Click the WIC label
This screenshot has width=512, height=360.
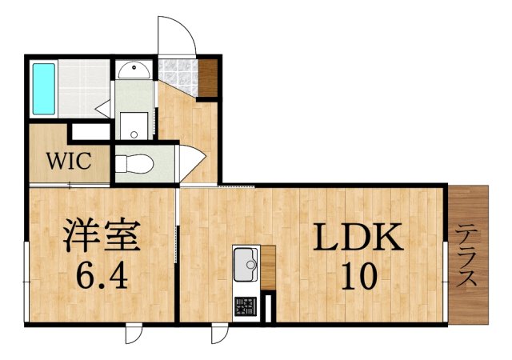[x=69, y=161]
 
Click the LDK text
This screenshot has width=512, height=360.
[x=358, y=237]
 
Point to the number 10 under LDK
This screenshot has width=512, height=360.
[x=359, y=276]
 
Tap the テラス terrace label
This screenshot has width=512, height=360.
[x=467, y=257]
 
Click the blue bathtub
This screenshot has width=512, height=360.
[x=44, y=89]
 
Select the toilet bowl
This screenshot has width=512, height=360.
[x=134, y=164]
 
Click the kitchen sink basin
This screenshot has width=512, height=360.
[x=246, y=265]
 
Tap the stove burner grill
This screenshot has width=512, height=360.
[x=246, y=306]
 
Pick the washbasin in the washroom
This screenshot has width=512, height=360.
[x=134, y=70]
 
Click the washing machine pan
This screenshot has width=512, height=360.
[x=134, y=126]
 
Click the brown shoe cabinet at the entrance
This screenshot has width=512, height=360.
[x=208, y=78]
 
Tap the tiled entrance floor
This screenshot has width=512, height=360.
[x=178, y=76]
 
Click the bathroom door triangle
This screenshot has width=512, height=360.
[x=104, y=109]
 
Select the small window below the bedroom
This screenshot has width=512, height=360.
[x=134, y=334]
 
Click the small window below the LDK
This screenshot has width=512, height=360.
[x=220, y=334]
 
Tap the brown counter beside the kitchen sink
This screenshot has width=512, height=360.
[x=268, y=267]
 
